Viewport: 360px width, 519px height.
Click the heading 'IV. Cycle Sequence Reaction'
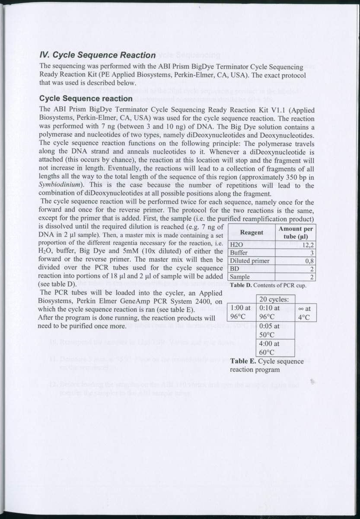click(x=97, y=55)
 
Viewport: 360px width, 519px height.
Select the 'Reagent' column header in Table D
click(x=252, y=233)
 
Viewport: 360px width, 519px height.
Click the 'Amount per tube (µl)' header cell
click(x=296, y=233)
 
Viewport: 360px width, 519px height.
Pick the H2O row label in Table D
click(x=236, y=244)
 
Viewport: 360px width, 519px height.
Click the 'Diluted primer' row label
click(x=250, y=261)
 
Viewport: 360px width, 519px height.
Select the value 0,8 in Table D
click(x=309, y=261)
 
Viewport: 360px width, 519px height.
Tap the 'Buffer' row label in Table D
click(x=239, y=253)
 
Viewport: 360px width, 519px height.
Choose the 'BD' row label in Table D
click(x=235, y=269)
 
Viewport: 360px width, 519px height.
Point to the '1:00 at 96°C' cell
click(x=241, y=312)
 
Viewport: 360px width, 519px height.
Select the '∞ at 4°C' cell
click(x=305, y=312)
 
